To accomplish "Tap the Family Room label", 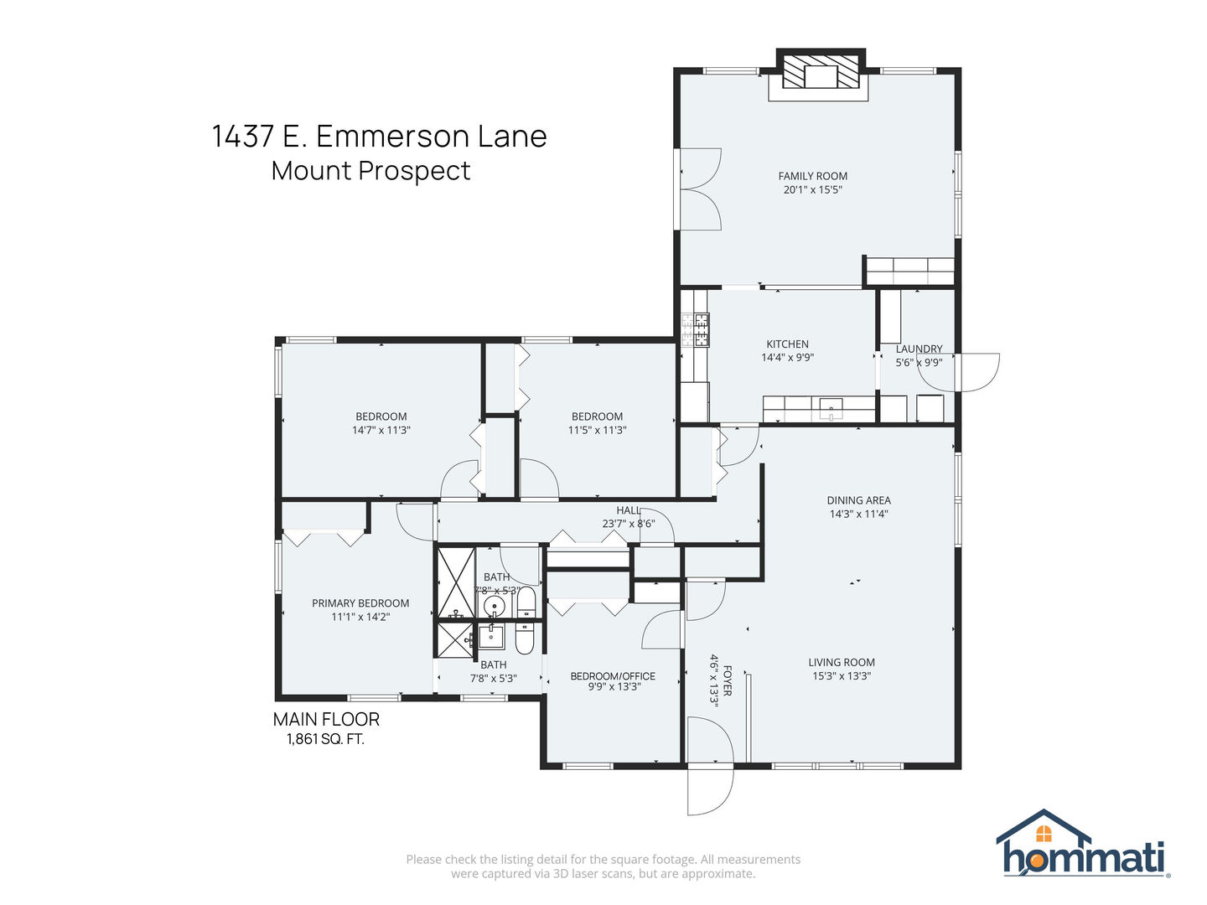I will pos(812,176).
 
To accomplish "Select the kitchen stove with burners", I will pos(695,329).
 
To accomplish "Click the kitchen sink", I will pos(830,409).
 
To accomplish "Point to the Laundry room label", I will pos(919,349).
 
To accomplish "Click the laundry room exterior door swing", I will pos(972,373).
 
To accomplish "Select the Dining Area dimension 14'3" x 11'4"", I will pos(858,514).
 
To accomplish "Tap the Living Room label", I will pos(841,662).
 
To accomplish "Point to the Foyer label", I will pos(728,680).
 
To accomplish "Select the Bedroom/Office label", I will pos(613,675).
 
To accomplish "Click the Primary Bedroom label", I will pos(360,602).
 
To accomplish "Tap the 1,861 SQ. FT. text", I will pos(325,739).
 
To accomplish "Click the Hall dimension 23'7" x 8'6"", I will pos(627,524).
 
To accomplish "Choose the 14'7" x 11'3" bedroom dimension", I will pos(381,430).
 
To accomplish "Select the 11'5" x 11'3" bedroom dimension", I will pos(597,430).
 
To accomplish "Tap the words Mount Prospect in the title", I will pos(370,170).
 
